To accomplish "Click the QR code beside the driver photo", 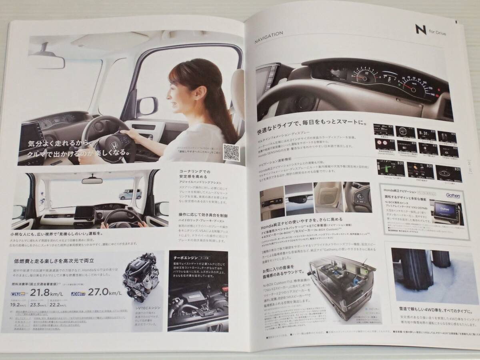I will click(x=232, y=153).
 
